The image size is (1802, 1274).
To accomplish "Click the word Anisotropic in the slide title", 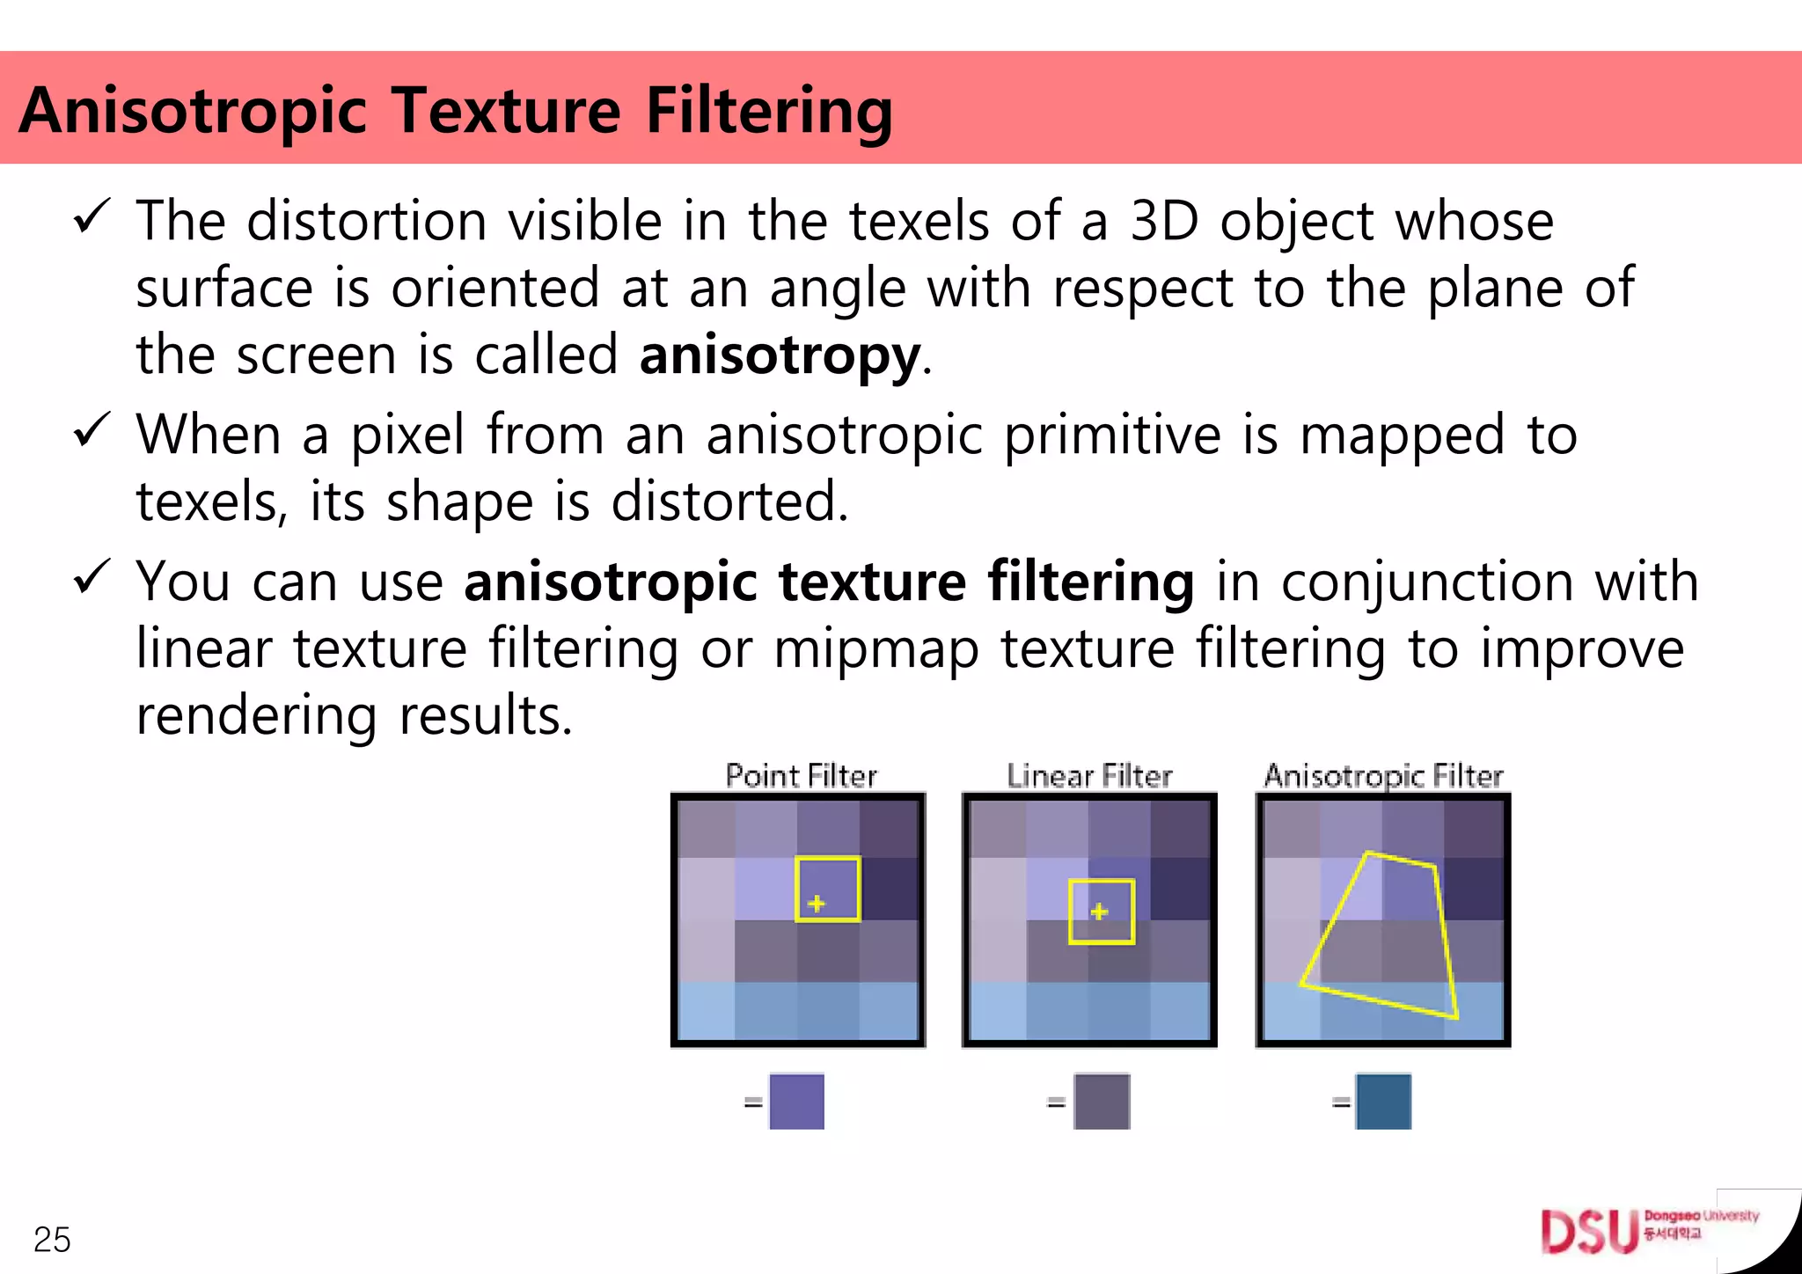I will (192, 111).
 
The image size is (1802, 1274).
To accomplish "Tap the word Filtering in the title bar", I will (769, 111).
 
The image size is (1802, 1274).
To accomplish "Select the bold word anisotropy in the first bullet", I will (780, 355).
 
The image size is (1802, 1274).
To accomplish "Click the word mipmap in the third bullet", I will (876, 649).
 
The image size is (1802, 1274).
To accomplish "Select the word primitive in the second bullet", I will (1112, 435).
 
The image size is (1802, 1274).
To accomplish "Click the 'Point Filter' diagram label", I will (801, 776).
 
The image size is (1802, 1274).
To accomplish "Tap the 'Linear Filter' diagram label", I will (1089, 776).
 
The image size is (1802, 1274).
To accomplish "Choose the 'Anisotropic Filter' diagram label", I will (1383, 776).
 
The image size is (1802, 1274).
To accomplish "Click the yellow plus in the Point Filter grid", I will (817, 904).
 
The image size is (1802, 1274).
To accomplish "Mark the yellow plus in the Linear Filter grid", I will (1099, 912).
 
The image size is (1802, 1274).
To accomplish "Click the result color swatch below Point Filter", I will (796, 1102).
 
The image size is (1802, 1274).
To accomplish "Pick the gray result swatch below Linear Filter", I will (1102, 1102).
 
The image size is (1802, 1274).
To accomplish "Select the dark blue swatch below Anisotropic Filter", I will (1383, 1102).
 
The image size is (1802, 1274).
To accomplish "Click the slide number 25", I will (52, 1240).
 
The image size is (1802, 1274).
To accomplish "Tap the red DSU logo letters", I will (1589, 1232).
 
